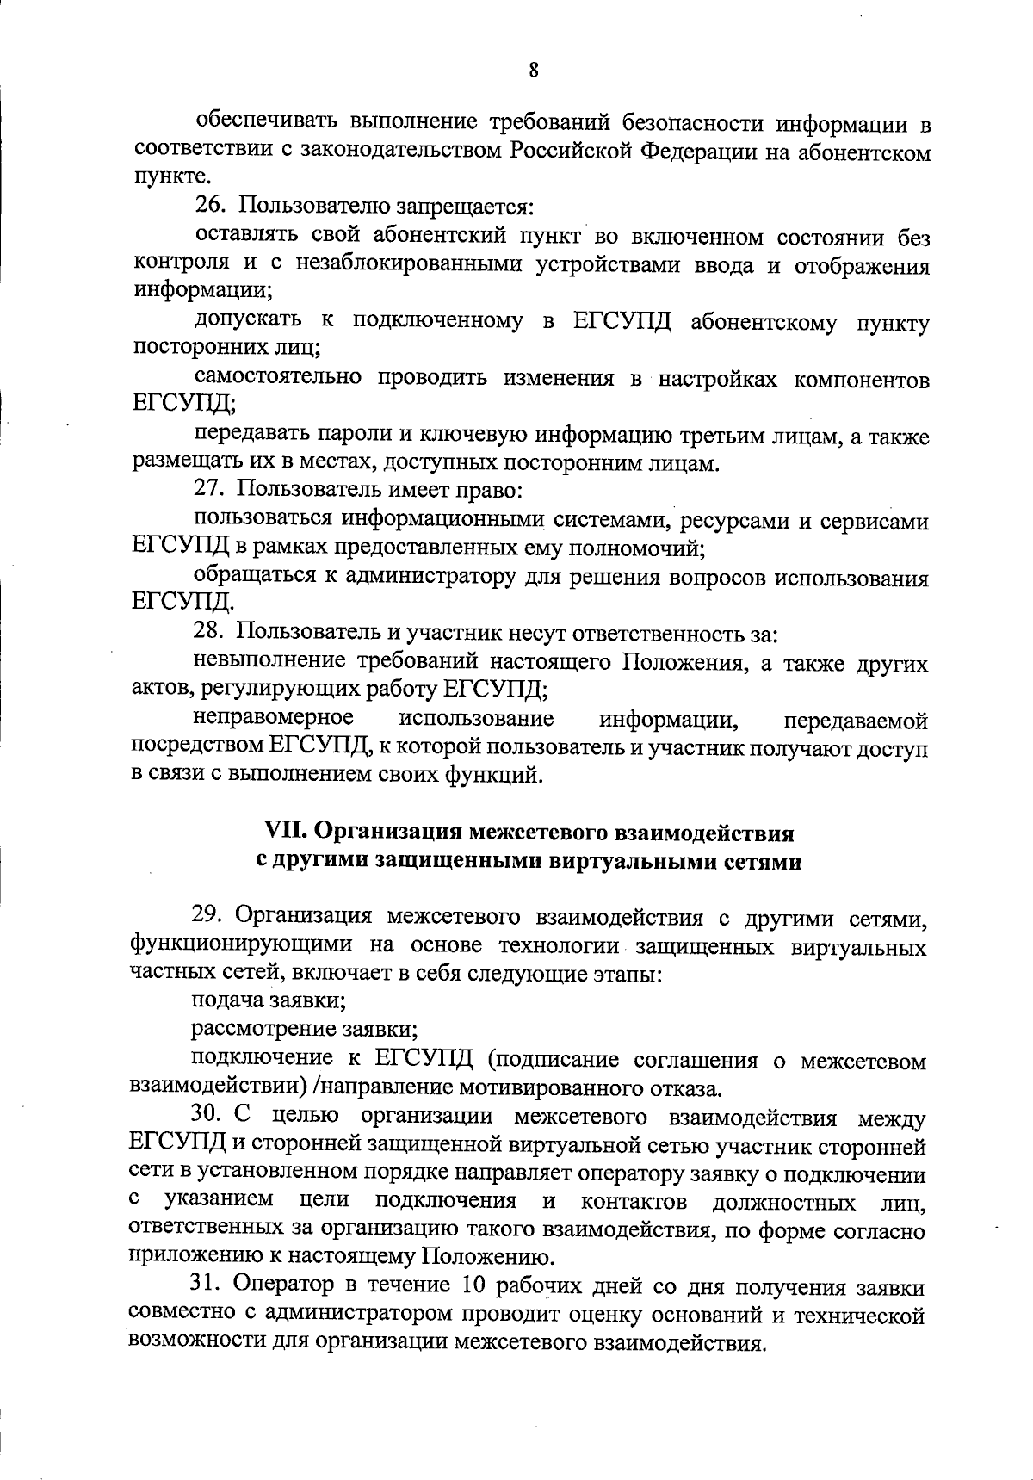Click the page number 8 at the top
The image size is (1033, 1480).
pos(534,71)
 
